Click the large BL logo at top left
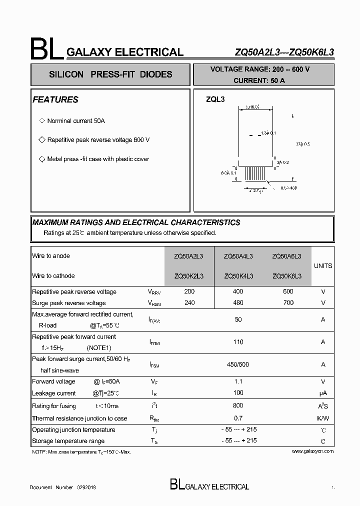click(46, 49)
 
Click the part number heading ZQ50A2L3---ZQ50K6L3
click(284, 52)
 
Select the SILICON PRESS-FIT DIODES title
click(110, 74)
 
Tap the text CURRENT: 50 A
click(259, 80)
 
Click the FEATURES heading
click(55, 99)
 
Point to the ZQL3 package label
click(215, 99)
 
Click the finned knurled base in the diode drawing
click(255, 174)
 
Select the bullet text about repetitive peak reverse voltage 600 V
click(98, 140)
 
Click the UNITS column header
click(322, 266)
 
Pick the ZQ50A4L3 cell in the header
click(238, 256)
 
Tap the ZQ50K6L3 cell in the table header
click(286, 276)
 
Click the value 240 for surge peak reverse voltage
click(189, 302)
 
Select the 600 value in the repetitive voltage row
click(288, 291)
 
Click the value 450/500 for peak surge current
click(237, 364)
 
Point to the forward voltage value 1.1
click(238, 381)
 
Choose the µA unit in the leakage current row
click(323, 393)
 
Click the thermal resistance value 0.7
click(238, 418)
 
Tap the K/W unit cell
click(323, 418)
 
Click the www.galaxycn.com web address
click(312, 451)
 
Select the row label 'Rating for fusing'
click(54, 406)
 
